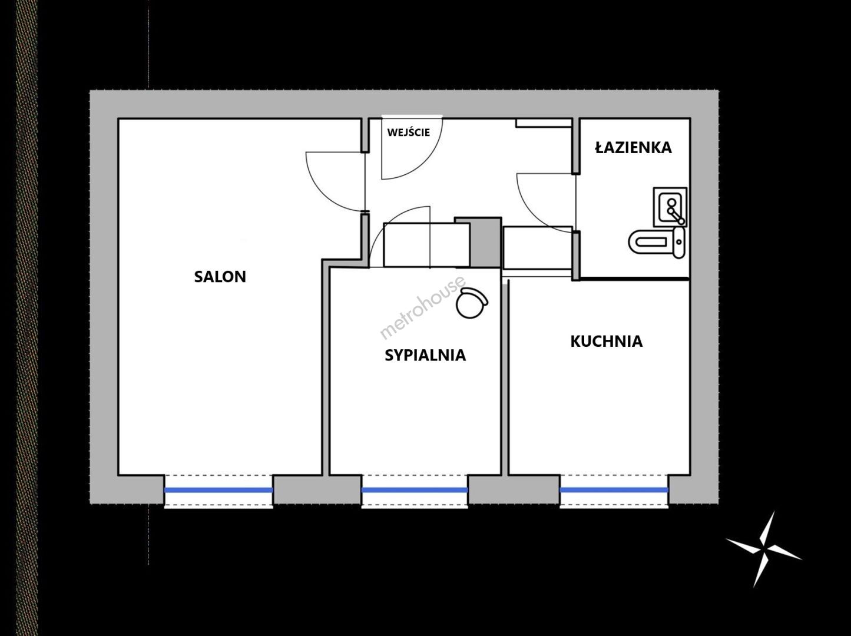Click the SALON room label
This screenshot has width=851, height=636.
coord(220,277)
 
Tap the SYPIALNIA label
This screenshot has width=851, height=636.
coord(425,356)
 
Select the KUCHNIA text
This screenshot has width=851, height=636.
coord(607,342)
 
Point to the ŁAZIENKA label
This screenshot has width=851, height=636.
coord(634,147)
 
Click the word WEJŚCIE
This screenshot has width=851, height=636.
coord(409,132)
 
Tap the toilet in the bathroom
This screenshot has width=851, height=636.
coord(657,242)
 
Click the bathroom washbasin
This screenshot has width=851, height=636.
coord(670,207)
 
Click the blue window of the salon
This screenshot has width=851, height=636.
coord(218,490)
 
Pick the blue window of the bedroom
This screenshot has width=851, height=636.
coord(415,490)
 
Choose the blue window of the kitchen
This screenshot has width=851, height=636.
coord(614,490)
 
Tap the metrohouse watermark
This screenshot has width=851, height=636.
coord(422,307)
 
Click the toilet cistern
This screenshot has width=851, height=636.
coord(679,242)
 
